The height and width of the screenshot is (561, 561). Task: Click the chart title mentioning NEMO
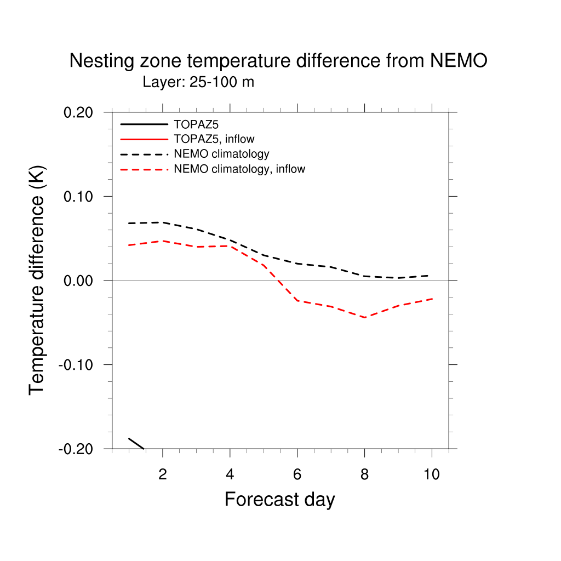(x=278, y=61)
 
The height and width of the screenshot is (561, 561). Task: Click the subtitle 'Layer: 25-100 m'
(x=198, y=82)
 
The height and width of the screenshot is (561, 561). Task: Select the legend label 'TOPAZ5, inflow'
(x=214, y=139)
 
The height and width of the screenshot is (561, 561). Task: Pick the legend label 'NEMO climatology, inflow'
(x=239, y=169)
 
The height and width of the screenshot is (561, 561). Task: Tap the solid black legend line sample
(x=144, y=124)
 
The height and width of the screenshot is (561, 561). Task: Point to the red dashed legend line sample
(x=144, y=169)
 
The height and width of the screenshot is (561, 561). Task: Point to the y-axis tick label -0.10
(x=79, y=365)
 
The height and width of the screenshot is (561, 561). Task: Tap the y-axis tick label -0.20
(x=79, y=449)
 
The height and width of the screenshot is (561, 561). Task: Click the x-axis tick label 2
(x=163, y=474)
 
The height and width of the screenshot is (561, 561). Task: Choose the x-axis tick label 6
(x=297, y=474)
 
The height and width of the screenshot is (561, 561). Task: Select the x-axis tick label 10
(x=432, y=474)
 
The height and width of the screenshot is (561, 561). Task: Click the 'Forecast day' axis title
(x=279, y=500)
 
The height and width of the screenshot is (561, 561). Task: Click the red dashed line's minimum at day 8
(x=364, y=317)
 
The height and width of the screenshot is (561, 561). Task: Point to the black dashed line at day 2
(x=163, y=222)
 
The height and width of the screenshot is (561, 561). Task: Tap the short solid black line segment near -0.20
(x=136, y=443)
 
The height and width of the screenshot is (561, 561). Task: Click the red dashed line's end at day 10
(x=432, y=299)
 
